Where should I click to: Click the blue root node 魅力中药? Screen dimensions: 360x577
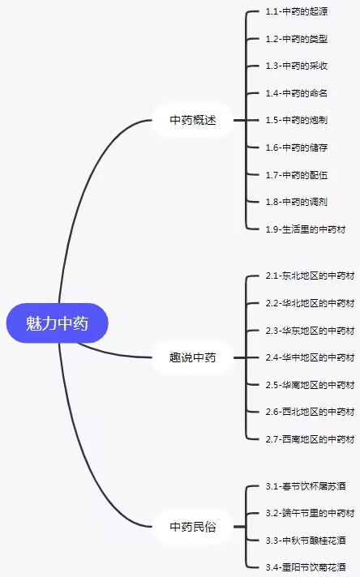pos(57,323)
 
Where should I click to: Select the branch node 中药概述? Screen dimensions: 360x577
pos(193,120)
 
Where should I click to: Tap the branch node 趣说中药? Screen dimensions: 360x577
pos(193,357)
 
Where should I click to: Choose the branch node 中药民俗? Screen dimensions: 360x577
pos(193,527)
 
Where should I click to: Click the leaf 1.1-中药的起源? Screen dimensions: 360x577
pos(297,11)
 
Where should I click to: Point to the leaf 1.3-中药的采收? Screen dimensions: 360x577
pos(297,66)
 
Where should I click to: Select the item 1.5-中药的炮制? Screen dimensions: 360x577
pos(297,120)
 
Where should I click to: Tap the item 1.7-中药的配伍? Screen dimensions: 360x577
pos(297,175)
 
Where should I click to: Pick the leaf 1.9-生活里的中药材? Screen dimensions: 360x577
pos(306,229)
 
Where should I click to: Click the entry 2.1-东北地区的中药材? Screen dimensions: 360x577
pos(310,276)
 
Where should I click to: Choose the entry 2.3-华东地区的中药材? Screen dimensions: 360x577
pos(310,331)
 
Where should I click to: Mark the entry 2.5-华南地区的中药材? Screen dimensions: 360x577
pos(310,385)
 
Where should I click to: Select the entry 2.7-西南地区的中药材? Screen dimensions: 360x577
pos(310,439)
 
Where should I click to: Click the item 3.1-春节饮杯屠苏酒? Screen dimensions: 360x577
pos(306,486)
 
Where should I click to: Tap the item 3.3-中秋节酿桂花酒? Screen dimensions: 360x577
pos(306,541)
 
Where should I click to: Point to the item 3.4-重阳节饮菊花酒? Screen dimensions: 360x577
pos(306,567)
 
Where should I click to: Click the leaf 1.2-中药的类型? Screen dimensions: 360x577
pos(297,39)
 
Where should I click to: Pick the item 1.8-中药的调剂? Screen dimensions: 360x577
pos(297,202)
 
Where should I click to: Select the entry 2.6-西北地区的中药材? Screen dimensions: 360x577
pos(310,412)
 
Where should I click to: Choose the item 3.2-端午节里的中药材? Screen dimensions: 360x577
pos(310,513)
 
